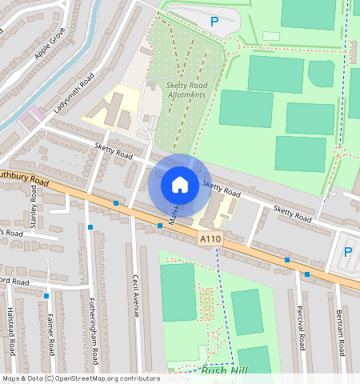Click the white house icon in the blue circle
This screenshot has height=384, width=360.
(180, 185)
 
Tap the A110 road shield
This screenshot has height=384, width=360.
(210, 238)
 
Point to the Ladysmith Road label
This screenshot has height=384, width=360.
(75, 93)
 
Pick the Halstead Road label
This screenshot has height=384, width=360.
(11, 333)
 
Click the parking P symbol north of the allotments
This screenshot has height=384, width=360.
(214, 22)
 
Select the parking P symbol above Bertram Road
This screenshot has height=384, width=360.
(347, 252)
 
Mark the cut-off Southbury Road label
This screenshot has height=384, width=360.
(24, 178)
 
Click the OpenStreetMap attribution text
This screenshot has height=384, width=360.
(80, 378)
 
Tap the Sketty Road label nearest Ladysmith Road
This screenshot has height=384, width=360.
(113, 150)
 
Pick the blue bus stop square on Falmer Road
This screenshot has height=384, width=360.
(47, 296)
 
